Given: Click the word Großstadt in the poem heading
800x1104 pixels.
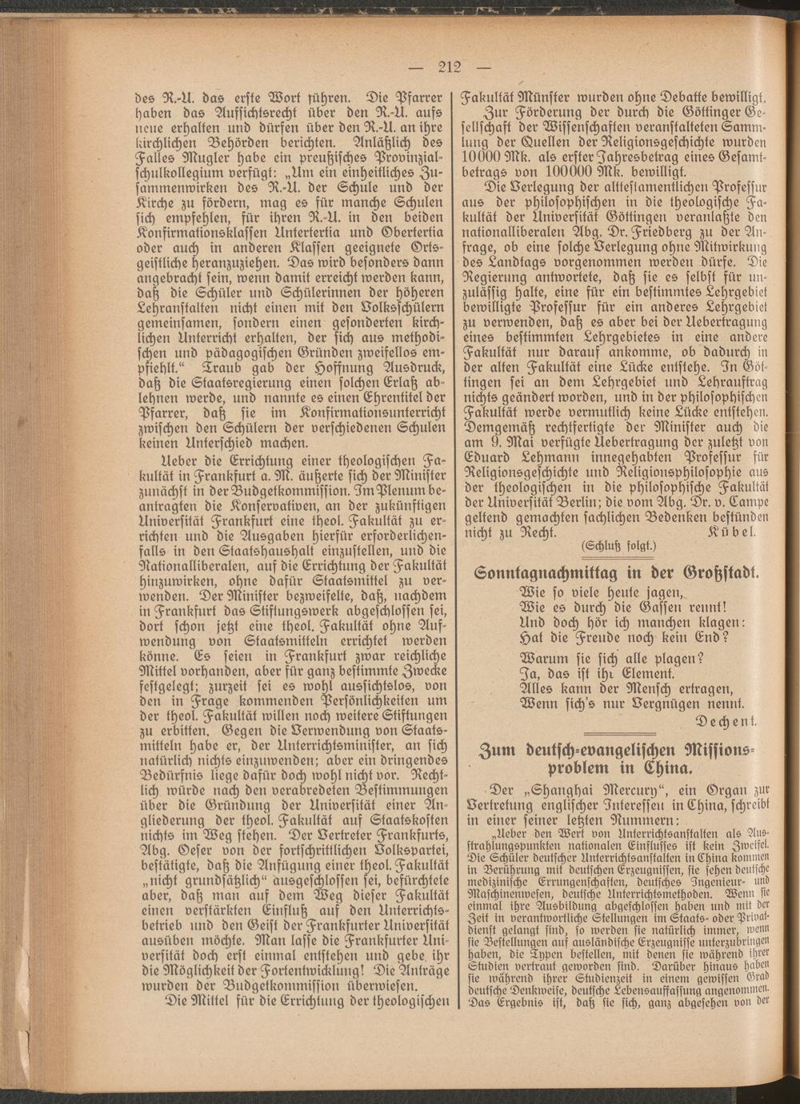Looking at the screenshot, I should pos(718,573).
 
